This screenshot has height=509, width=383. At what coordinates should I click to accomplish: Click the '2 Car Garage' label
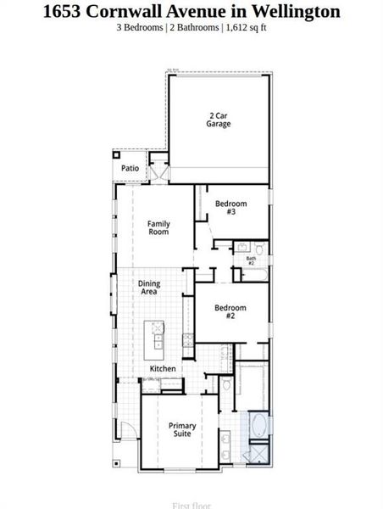pyautogui.click(x=219, y=120)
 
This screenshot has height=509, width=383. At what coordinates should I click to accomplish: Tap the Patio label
pyautogui.click(x=130, y=168)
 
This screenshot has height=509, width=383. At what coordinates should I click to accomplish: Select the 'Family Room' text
pyautogui.click(x=158, y=227)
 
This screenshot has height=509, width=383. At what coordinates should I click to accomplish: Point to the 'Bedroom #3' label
pyautogui.click(x=230, y=207)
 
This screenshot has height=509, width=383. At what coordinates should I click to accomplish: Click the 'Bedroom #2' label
pyautogui.click(x=230, y=311)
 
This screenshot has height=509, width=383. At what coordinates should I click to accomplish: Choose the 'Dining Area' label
pyautogui.click(x=149, y=288)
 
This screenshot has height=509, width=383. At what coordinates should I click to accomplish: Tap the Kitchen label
pyautogui.click(x=163, y=369)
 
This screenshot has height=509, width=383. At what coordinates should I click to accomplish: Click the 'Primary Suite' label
pyautogui.click(x=182, y=429)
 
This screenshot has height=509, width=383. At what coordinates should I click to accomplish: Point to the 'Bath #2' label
pyautogui.click(x=251, y=261)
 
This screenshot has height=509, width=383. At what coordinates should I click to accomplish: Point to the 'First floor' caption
pyautogui.click(x=191, y=506)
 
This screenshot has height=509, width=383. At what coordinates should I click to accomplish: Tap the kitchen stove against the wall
pyautogui.click(x=188, y=340)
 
